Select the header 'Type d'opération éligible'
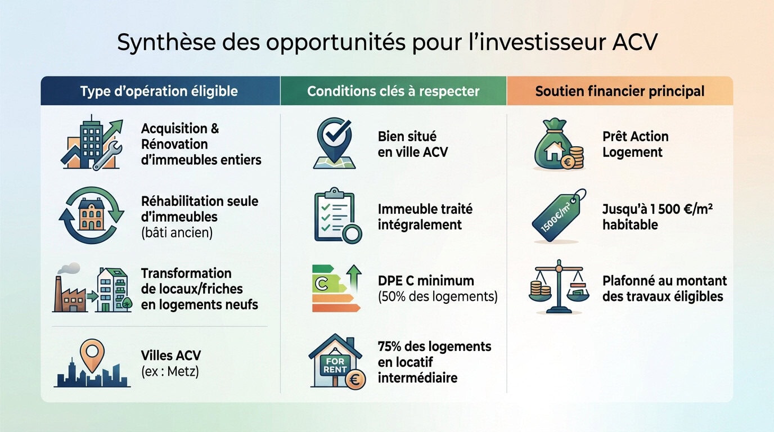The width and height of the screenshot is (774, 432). point(159,91)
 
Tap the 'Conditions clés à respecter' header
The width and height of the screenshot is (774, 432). point(393,91)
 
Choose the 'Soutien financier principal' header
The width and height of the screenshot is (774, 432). point(619,91)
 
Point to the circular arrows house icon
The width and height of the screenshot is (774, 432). point(92,215)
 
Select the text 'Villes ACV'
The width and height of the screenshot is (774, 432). point(170,355)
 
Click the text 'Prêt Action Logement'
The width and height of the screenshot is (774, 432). point(635,144)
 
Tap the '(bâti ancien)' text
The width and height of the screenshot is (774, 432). point(177,232)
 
